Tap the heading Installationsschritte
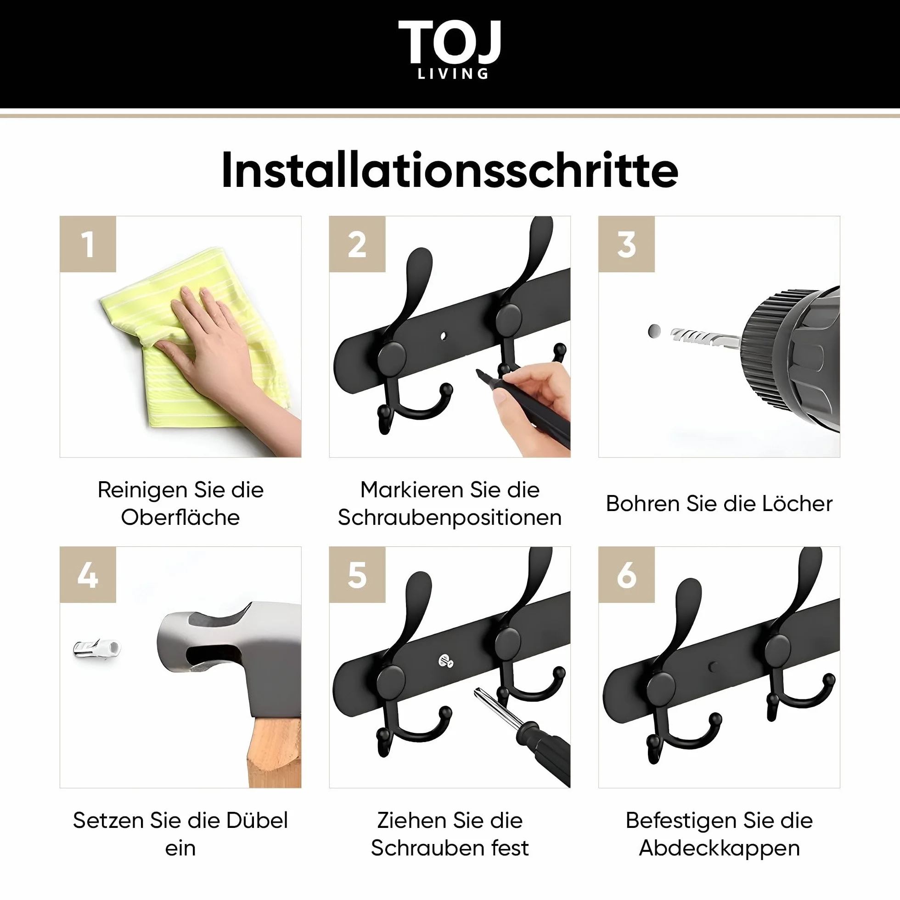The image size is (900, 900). pos(450,170)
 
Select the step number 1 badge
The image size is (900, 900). pos(88,244)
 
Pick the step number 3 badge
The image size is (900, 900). pos(626,244)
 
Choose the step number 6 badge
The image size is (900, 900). pos(626,575)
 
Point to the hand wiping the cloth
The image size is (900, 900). pos(224,354)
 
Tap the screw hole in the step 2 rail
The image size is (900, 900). pos(443,335)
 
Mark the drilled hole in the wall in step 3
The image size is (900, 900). pos(654,331)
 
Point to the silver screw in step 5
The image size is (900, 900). pos(446,661)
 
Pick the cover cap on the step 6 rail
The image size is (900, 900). pos(712,667)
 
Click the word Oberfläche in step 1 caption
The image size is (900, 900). pos(180,517)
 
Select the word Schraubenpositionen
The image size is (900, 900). pos(450,518)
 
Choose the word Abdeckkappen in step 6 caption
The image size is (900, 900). pos(719,848)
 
